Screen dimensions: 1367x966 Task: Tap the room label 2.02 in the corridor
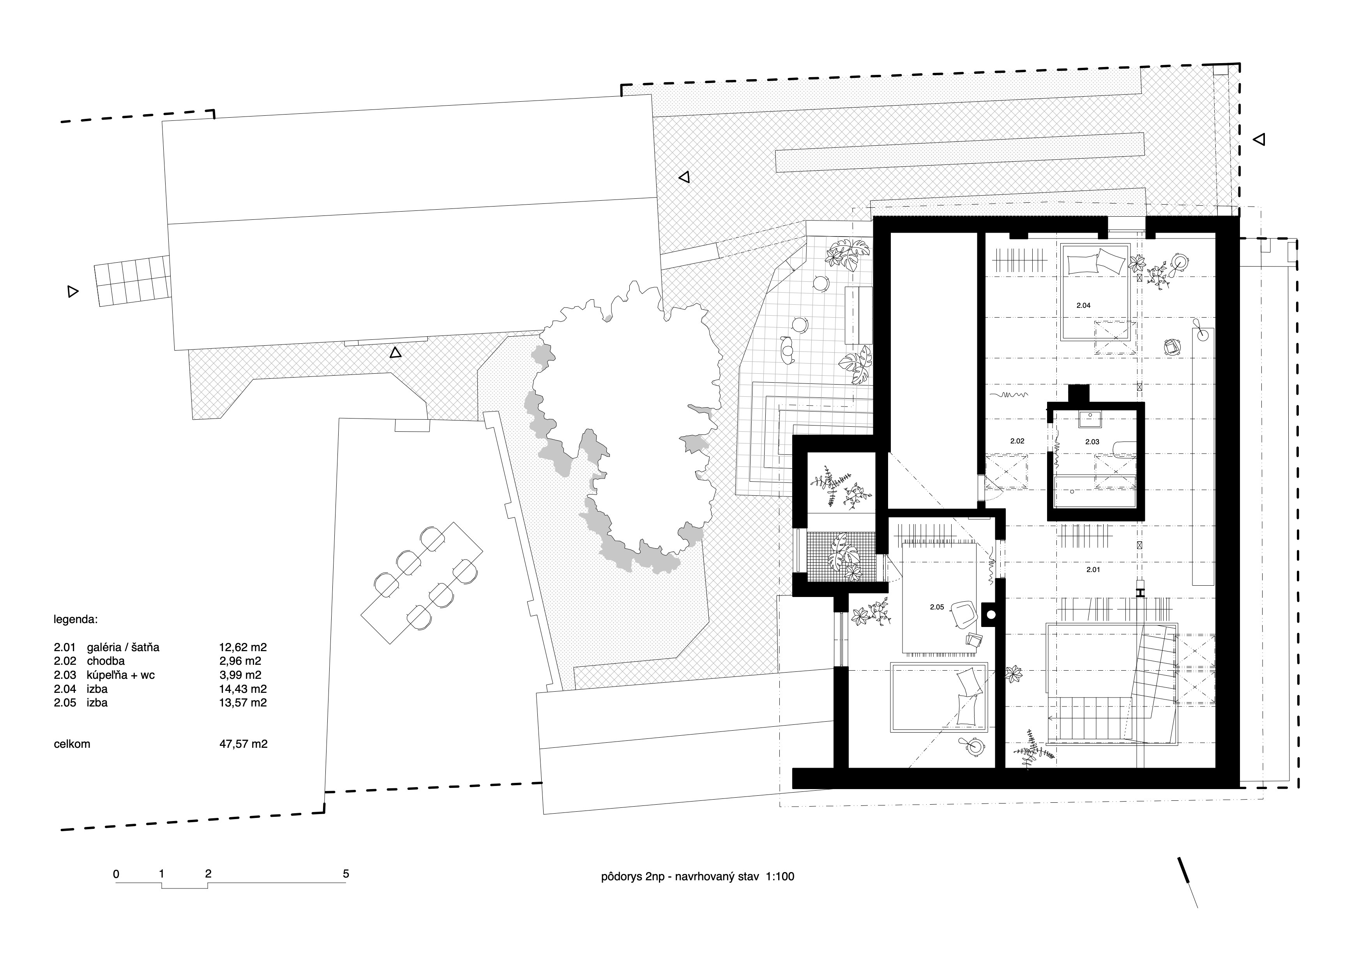coord(1017,441)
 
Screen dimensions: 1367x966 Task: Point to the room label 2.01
coord(1093,570)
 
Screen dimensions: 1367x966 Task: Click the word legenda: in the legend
coord(76,619)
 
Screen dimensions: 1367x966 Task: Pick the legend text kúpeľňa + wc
coord(121,675)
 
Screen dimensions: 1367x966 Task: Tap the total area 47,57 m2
coord(244,744)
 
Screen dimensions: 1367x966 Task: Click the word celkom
coord(72,744)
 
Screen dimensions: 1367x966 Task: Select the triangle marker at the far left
coord(72,291)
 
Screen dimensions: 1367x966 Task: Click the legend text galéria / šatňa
coord(123,647)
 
